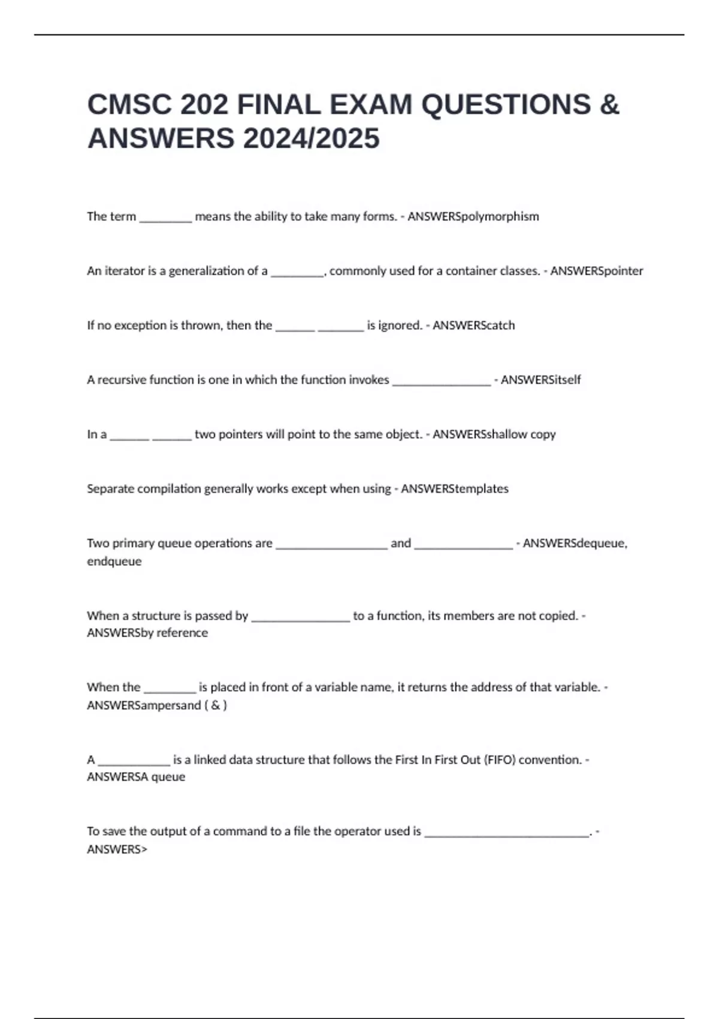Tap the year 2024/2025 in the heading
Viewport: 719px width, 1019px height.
311,138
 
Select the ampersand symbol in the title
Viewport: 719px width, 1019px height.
609,105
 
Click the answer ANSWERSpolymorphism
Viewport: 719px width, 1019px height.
473,216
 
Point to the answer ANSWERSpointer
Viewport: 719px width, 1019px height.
596,271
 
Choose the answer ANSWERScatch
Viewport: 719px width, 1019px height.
473,325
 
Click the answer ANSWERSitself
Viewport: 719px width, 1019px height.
540,380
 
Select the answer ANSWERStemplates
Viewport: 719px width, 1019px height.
454,489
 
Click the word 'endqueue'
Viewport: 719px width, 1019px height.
114,562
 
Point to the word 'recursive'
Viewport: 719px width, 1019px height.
122,380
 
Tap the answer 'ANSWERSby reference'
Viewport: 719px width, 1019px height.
147,633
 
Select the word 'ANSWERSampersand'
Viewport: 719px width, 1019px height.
144,706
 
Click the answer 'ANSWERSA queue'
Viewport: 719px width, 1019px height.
136,777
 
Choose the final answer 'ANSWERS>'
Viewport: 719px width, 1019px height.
117,849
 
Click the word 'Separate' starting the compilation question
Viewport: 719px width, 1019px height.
110,489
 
